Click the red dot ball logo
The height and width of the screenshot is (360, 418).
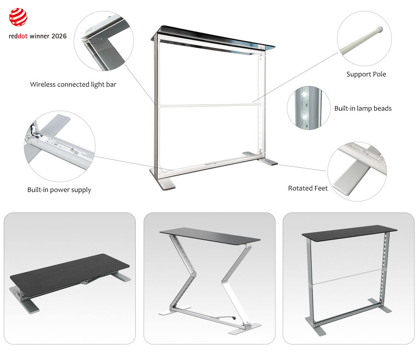click(x=18, y=17)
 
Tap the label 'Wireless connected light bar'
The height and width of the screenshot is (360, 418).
click(x=73, y=84)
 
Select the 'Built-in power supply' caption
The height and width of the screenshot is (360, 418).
click(x=59, y=190)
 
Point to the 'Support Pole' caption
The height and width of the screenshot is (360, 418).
click(x=366, y=74)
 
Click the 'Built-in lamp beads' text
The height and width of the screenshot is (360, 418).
click(x=363, y=108)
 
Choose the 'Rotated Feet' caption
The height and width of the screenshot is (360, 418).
click(x=307, y=188)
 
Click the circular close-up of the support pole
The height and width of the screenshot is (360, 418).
click(x=364, y=38)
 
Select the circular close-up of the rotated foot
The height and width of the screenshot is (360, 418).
click(x=357, y=171)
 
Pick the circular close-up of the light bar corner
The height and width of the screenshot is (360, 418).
click(x=103, y=41)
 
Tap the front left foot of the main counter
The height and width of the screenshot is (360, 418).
click(x=163, y=183)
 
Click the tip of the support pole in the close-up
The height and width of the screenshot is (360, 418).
click(x=380, y=29)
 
